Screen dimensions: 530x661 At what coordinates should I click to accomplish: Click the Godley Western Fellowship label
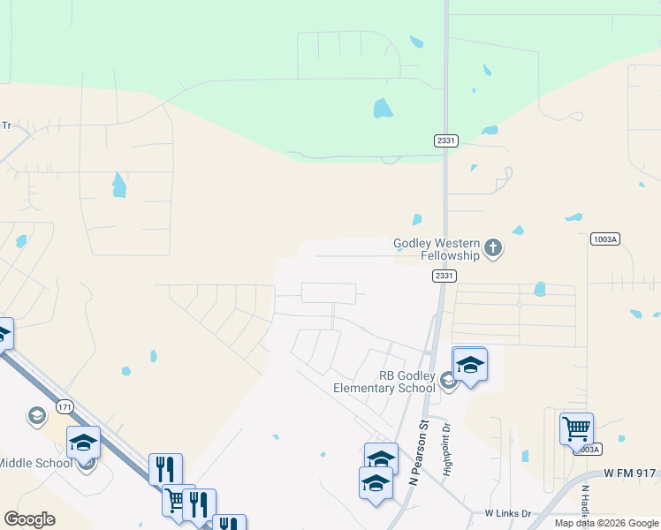pos(437,249)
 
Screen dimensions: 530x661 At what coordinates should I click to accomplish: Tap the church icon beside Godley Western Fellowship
pos(493,249)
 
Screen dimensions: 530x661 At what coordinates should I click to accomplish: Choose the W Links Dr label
pos(506,512)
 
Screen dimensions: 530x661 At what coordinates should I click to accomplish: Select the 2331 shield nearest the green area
pos(445,140)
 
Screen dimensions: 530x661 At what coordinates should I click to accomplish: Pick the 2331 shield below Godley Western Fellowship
pos(445,276)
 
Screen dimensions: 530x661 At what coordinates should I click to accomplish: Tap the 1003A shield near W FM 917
pos(590,449)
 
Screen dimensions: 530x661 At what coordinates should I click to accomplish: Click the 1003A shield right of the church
pos(604,239)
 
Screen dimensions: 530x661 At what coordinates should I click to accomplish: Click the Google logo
pos(29,519)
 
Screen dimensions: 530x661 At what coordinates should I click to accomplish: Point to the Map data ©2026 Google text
pos(606,523)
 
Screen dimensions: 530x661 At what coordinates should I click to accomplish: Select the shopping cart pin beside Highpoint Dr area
pos(576,430)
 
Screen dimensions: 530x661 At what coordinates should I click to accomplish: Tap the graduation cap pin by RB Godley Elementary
pos(470,364)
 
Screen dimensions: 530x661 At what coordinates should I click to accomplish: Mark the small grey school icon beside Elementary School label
pos(448,381)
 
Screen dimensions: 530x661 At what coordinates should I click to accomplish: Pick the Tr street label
pos(5,125)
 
